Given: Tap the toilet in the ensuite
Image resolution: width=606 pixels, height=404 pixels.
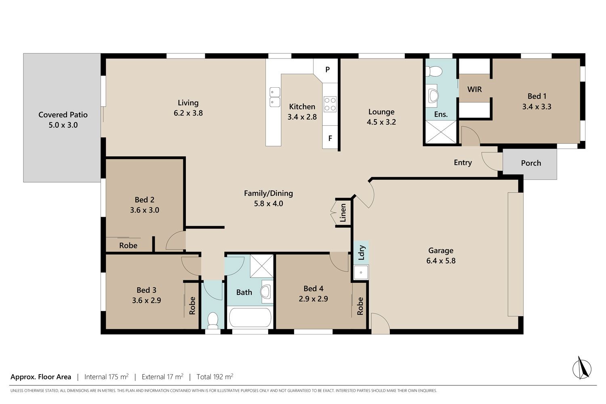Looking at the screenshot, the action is pos(433,72).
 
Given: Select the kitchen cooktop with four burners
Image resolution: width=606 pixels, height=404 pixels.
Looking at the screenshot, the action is pos(330,104).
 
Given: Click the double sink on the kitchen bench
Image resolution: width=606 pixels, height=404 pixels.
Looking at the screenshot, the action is pos(275,97).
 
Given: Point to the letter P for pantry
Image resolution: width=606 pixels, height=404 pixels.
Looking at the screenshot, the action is pos(328,69).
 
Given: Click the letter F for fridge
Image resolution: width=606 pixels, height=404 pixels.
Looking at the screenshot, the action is pos(330,138).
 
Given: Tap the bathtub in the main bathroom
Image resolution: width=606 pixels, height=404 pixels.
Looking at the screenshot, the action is pos(250,318).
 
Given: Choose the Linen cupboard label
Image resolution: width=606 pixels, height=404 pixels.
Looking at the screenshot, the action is pos(343,213).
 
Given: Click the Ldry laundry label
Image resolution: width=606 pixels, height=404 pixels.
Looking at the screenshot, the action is pos(362,253).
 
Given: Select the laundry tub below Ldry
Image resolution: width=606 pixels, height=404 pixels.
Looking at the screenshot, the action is pos(361,272).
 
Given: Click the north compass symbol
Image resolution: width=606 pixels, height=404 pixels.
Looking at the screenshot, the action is pos(582,368).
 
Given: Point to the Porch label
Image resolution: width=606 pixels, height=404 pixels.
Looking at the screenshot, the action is pos(531,163).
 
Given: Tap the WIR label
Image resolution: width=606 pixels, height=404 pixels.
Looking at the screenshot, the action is pos(475,89).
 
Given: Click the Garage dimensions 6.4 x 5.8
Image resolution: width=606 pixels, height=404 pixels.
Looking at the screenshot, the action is pos(441,261).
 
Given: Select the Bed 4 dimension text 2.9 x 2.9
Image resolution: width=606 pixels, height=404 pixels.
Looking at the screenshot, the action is pos(313,299).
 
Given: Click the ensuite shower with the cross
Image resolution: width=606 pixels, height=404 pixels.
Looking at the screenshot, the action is pos(441,132).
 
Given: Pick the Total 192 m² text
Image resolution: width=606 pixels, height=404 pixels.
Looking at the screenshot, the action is pos(215,377).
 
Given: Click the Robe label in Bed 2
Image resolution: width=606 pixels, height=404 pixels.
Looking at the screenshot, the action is pos(128,246).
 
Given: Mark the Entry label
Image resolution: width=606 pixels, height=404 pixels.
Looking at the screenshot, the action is pos(463,163).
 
